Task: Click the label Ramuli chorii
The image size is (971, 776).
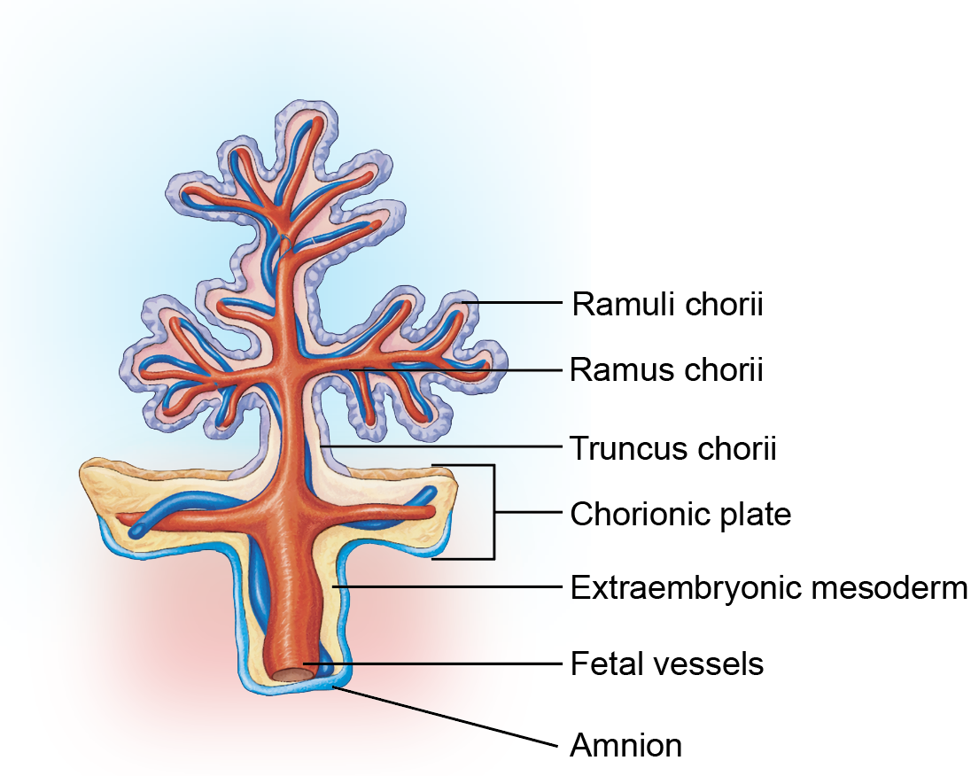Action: coord(667,304)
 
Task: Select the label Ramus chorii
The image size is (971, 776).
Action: coord(666,369)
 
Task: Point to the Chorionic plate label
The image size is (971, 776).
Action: coord(680,514)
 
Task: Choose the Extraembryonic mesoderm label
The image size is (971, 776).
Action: coord(768,587)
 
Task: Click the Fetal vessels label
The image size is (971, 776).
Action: coord(667,663)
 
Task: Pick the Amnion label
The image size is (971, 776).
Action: coord(626,745)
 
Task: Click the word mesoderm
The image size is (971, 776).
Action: coord(889,587)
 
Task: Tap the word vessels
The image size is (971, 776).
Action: coord(714,663)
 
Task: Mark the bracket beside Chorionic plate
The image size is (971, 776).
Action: coord(494,512)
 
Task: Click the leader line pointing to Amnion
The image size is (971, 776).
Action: coord(446,715)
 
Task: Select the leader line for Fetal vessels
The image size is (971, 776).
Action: coord(432,663)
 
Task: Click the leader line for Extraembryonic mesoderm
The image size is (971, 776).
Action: coord(447,586)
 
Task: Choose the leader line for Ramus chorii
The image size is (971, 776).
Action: coord(455,370)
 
